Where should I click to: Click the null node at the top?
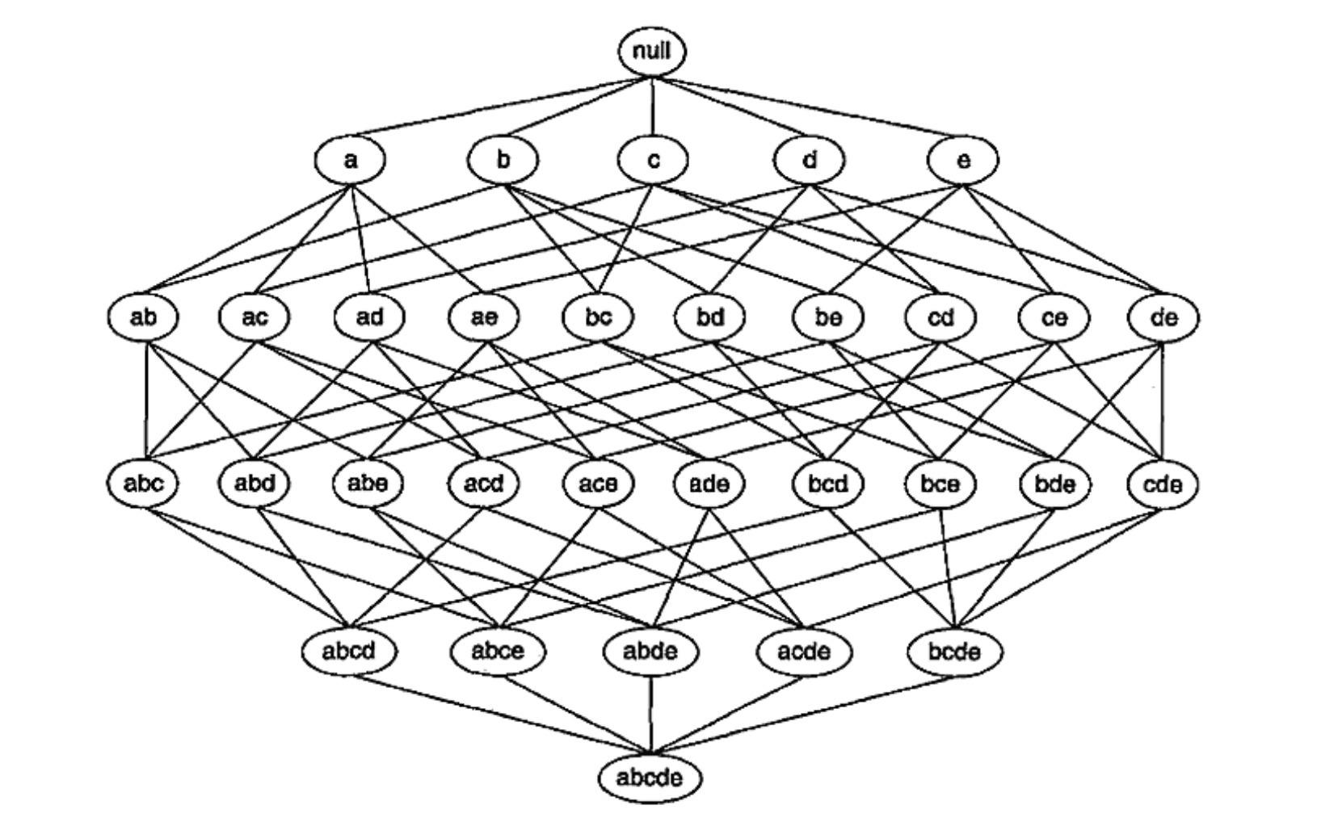coord(652,52)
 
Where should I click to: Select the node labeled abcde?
coord(650,778)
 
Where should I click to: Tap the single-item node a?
coord(350,160)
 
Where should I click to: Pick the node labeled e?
coord(962,160)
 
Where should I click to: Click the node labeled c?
coord(653,160)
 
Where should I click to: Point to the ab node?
coord(143,317)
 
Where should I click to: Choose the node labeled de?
coord(1163,317)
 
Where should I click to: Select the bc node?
coord(598,317)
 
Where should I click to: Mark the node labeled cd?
coord(940,317)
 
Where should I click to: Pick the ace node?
coord(598,484)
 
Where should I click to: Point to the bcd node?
coord(828,484)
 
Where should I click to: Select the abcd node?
coord(349,650)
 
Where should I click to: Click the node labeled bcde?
coord(954,650)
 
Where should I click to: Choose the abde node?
coord(651,650)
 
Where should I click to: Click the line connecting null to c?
coord(653,107)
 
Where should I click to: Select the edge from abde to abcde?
coord(650,715)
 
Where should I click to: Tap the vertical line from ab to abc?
coord(146,400)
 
